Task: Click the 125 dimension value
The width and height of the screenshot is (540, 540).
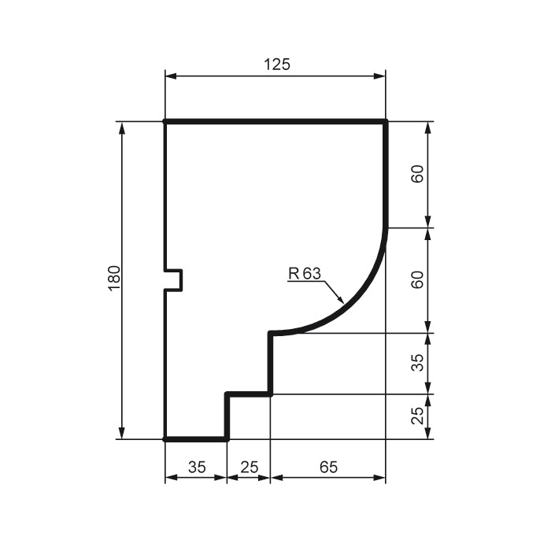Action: point(276,65)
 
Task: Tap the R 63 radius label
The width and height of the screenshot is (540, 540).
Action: point(305,274)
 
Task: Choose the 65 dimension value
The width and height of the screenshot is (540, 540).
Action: point(328,467)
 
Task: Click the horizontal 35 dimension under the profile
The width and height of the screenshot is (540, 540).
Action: point(196,467)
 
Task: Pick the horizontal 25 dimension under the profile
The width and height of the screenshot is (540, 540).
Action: point(249,467)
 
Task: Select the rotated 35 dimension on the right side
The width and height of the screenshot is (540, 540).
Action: point(418,363)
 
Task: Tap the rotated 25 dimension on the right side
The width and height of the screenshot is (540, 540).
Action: point(418,416)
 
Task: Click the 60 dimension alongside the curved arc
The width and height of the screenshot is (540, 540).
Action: point(418,280)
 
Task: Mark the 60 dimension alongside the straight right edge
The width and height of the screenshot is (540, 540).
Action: point(418,174)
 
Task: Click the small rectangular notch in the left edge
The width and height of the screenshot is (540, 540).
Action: point(176,280)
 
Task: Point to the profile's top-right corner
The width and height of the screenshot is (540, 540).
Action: point(386,121)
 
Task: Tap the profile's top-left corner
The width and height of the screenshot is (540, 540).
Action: point(165,121)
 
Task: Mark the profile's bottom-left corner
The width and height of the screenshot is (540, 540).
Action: point(165,439)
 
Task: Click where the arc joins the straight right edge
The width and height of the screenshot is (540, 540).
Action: point(386,227)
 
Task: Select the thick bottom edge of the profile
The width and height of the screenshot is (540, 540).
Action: point(195,439)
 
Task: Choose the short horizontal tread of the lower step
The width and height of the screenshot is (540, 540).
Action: point(249,394)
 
